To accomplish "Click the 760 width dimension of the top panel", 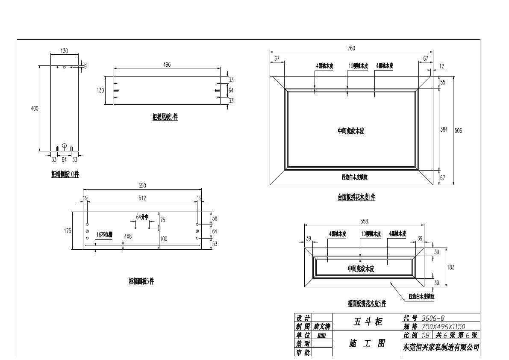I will pos(351,48).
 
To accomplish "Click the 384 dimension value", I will pos(444,129).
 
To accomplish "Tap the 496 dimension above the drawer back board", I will pos(167,65).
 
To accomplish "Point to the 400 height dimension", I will pos(35,109).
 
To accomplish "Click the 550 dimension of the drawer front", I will pos(142,186).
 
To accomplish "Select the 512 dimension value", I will pos(142,198).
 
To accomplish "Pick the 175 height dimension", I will pos(68,231).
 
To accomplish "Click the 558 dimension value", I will pos(364,221).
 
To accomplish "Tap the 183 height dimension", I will pos(451,267).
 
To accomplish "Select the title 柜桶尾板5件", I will pos(165,118).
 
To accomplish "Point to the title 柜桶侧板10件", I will pos(65,174).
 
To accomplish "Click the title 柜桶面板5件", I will pos(141,281).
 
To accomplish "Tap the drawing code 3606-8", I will pos(433,318).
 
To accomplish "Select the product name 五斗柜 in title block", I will pos(368,322).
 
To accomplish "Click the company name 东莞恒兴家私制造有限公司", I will pos(441,347).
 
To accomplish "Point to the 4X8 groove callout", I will pos(128,236).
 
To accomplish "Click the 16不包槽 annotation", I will pos(104,234).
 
